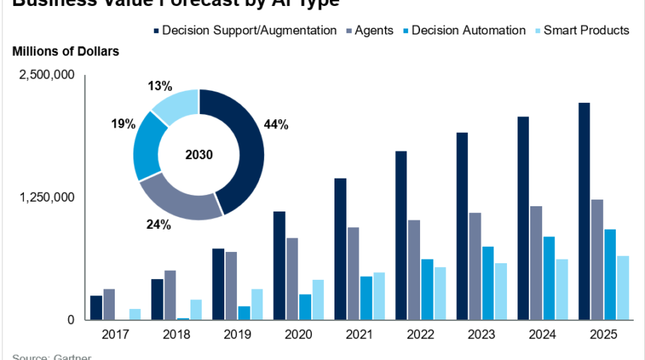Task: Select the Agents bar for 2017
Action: pos(109,304)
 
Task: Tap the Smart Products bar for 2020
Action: pos(318,300)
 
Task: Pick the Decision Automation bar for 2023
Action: pos(487,283)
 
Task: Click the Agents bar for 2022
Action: pos(413,270)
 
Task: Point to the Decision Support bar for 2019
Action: pos(218,284)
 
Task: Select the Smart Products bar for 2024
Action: pos(562,289)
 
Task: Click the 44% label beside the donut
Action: pos(276,125)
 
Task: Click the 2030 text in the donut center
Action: pos(199,155)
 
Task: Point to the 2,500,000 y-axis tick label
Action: pos(47,76)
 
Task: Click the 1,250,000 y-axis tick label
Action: pos(47,198)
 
